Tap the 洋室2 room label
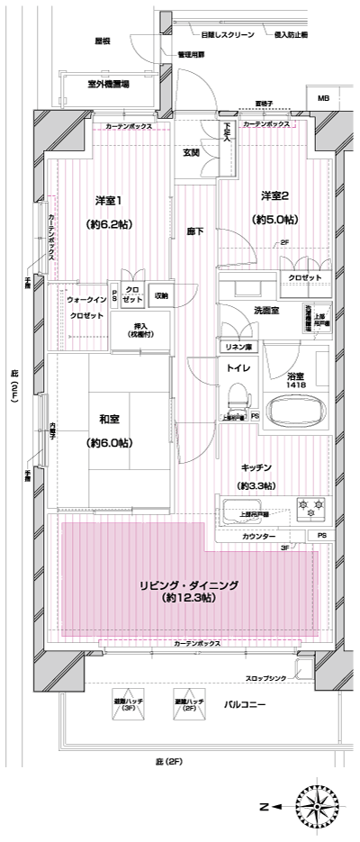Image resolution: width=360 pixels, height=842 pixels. (x=274, y=196)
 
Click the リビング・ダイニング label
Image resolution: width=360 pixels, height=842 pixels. (x=189, y=584)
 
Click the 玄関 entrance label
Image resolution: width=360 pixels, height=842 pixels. (x=192, y=151)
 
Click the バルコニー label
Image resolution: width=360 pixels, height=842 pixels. (x=245, y=702)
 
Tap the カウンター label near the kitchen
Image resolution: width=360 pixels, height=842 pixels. (x=259, y=536)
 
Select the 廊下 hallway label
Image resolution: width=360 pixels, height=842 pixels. (x=193, y=231)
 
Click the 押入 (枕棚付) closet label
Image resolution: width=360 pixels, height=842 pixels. (x=140, y=330)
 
